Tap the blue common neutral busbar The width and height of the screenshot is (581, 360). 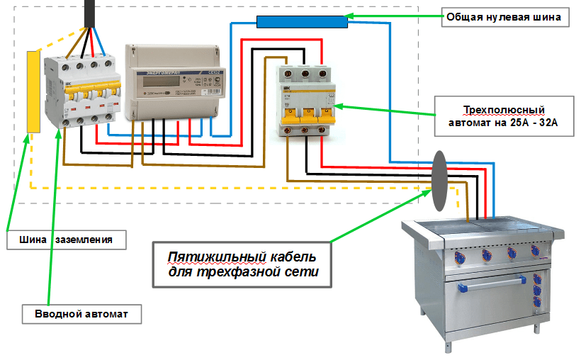click(301, 21)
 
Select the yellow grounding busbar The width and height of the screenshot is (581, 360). click(33, 91)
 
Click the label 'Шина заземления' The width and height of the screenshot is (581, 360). click(67, 240)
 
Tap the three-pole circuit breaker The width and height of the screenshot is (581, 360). click(305, 99)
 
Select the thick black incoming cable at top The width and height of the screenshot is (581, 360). click(91, 13)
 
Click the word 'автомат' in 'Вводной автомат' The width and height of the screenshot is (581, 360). click(105, 313)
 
